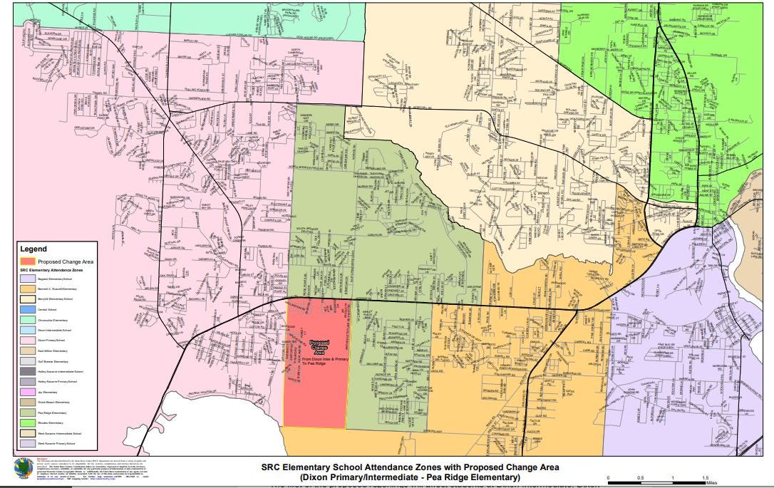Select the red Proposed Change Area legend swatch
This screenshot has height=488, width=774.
pyautogui.click(x=27, y=261)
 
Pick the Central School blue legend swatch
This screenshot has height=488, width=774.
pyautogui.click(x=26, y=311)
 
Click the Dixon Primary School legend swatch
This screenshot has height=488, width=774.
pyautogui.click(x=26, y=341)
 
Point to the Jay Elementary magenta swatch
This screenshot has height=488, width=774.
pyautogui.click(x=26, y=392)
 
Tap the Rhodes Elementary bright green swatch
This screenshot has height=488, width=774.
pyautogui.click(x=26, y=422)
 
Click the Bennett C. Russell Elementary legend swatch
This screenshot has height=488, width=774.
pyautogui.click(x=26, y=290)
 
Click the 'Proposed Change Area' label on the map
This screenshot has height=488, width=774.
pyautogui.click(x=319, y=348)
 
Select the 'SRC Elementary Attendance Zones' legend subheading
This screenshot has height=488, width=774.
pyautogui.click(x=56, y=271)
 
